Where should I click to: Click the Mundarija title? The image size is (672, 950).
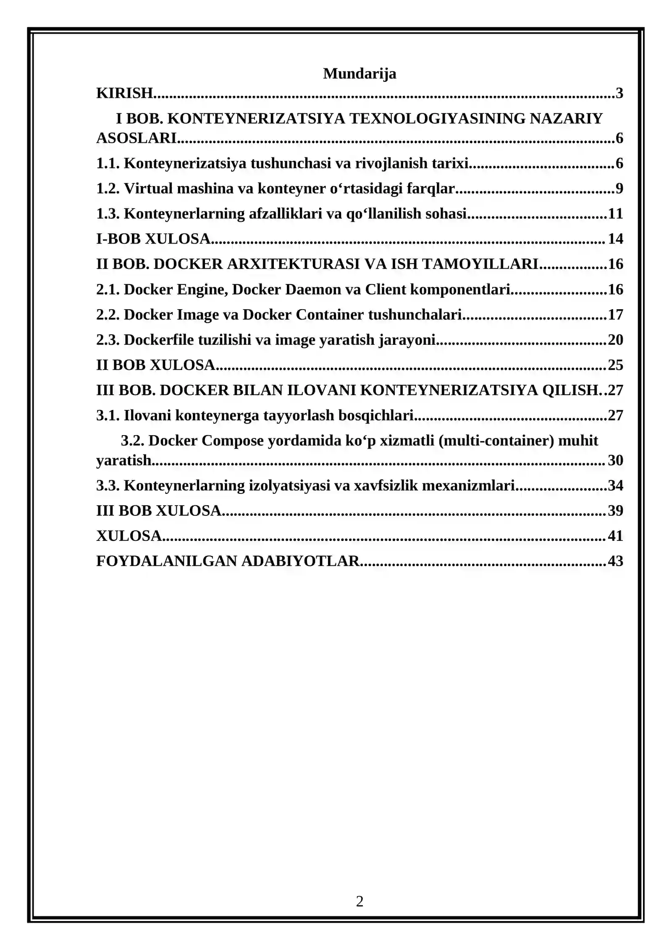click(x=360, y=73)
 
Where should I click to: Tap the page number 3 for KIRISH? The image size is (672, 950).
click(x=619, y=93)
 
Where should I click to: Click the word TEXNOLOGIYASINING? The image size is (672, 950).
click(x=437, y=118)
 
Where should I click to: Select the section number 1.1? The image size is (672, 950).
click(x=108, y=163)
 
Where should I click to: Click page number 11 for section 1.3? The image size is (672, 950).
click(x=615, y=214)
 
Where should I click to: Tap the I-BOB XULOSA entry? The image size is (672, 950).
click(x=153, y=239)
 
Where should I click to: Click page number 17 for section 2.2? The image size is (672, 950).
click(x=615, y=315)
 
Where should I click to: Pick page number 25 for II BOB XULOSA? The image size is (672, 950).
click(x=615, y=365)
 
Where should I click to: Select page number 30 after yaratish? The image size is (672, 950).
click(x=615, y=460)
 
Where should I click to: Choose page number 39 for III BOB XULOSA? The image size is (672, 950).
click(x=615, y=511)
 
